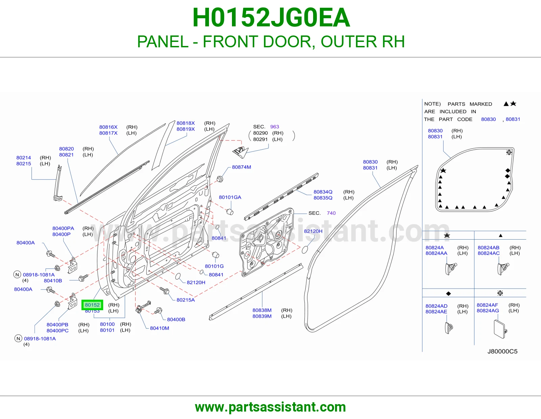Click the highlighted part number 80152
[x=92, y=305]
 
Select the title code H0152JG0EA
[x=271, y=18]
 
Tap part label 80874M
[x=241, y=167]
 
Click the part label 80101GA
[x=230, y=197]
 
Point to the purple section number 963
[x=274, y=127]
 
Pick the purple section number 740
[x=331, y=213]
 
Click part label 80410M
[x=159, y=328]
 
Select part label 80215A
[x=186, y=300]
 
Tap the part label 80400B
[x=176, y=319]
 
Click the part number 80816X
[x=108, y=127]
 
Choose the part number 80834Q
[x=323, y=192]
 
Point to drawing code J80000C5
[x=502, y=351]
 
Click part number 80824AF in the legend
[x=487, y=305]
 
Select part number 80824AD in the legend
[x=436, y=306]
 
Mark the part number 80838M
[x=262, y=310]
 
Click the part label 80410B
[x=53, y=281]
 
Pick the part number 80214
[x=24, y=158]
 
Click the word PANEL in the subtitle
[x=163, y=42]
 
